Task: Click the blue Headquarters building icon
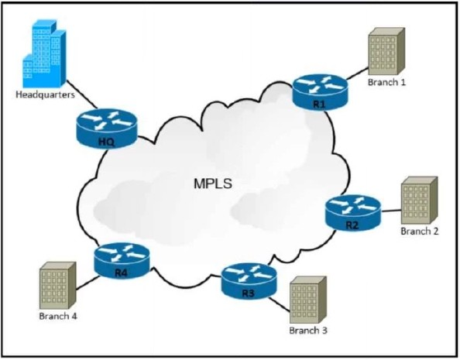[45, 53]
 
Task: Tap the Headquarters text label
[45, 94]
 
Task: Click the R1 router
[320, 92]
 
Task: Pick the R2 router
[353, 213]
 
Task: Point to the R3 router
[249, 281]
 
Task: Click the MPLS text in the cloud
[213, 183]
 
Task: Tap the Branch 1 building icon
[386, 51]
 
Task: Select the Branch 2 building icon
[420, 200]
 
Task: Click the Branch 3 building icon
[308, 300]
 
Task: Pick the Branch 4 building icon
[58, 285]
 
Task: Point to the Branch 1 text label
[386, 82]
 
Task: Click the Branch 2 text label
[420, 231]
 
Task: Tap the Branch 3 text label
[308, 331]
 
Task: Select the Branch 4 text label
[58, 316]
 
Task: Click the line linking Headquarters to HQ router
[81, 94]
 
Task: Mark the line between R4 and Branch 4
[88, 283]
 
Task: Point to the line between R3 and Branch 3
[280, 304]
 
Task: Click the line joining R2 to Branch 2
[391, 211]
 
